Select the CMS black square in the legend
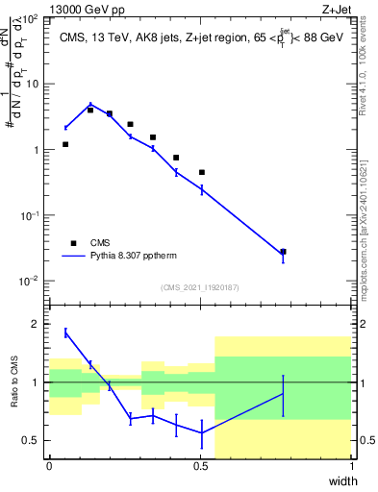click(73, 243)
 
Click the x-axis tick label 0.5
click(201, 466)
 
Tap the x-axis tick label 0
click(50, 466)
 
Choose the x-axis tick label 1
click(352, 466)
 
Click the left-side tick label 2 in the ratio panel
click(36, 325)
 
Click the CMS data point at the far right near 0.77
click(283, 252)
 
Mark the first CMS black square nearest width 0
click(65, 144)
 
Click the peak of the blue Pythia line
click(90, 105)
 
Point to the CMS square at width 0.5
click(202, 172)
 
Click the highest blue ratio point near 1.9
click(65, 332)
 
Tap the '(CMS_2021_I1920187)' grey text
click(200, 287)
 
